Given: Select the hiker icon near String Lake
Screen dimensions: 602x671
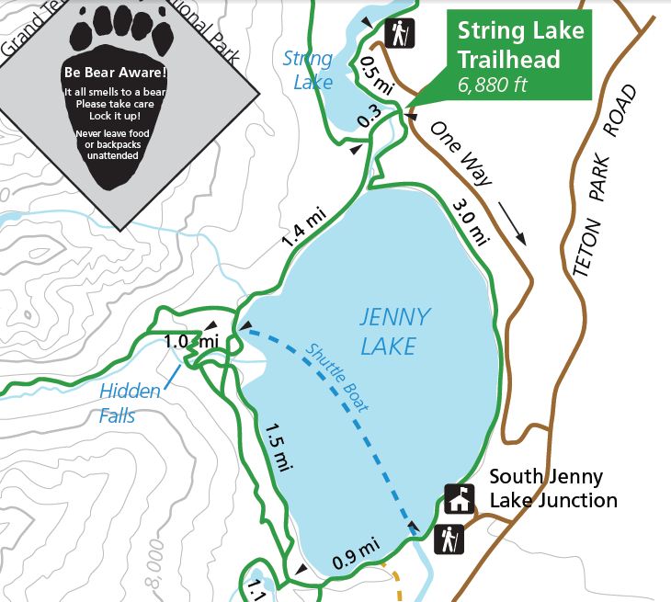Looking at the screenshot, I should pos(400,33).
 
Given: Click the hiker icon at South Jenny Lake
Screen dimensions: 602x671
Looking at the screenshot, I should pos(449,540).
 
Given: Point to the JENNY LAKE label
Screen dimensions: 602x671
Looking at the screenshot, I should pos(394,331).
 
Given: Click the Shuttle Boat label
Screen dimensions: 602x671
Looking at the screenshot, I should pos(337,376).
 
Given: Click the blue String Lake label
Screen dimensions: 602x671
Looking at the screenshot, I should pos(308,71).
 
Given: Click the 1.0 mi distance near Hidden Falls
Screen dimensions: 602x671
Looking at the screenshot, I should pos(190,341).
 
